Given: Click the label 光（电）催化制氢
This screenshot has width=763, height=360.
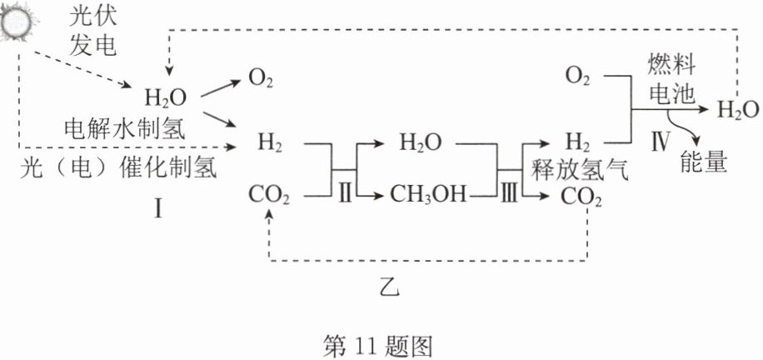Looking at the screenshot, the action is tap(119, 169).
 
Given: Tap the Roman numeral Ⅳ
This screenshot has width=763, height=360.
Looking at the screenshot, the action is tap(659, 143).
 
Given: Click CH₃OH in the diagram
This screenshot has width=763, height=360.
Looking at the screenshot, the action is tap(427, 196).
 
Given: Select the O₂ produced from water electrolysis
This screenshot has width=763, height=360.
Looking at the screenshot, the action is tap(261, 79).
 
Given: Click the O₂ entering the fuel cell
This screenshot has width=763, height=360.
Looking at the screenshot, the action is tap(577, 77).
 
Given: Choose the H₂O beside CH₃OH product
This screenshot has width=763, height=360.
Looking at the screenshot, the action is tap(421, 143).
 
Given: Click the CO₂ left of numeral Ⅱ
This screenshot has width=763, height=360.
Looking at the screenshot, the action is tap(269, 197).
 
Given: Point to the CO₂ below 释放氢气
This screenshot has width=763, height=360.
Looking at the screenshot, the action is tap(581, 198).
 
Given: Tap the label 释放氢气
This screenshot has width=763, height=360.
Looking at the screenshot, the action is tap(580, 171).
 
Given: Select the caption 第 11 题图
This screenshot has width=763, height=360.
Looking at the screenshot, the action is tap(378, 347).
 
